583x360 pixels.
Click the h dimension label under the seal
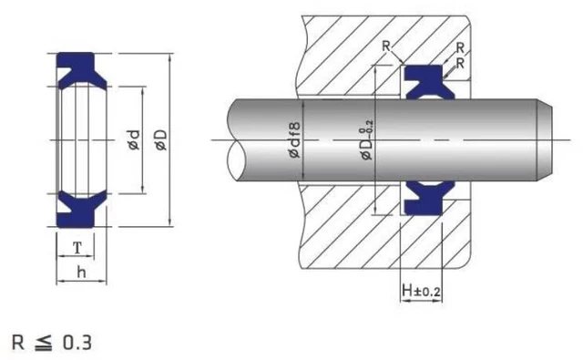(81, 272)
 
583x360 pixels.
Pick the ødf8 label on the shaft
(294, 143)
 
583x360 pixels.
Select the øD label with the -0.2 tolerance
(367, 143)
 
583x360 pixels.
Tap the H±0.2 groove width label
(421, 291)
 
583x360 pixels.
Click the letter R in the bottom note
(18, 343)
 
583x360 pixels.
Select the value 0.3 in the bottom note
(77, 343)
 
